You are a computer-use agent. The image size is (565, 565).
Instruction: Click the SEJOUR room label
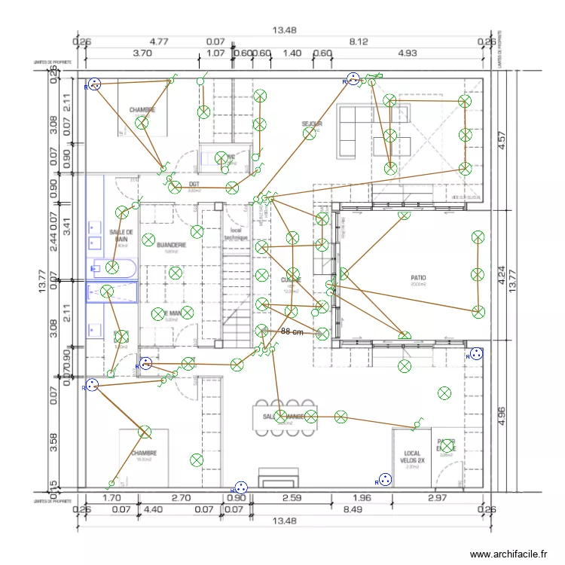point(312,124)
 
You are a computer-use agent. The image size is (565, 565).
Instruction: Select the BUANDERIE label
point(172,246)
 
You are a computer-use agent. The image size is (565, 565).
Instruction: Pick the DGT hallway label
point(194,185)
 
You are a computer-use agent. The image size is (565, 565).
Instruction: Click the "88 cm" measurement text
point(292,331)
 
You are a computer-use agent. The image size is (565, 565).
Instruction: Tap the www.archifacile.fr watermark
point(508,554)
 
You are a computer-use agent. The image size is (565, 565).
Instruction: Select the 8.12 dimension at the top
point(358,41)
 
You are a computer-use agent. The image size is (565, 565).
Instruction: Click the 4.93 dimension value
point(407,53)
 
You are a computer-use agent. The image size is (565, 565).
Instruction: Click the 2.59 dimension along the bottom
point(291,498)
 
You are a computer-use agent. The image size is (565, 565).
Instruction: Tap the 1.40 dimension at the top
point(292,53)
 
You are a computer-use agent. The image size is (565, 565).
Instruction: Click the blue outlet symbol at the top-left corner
point(94,84)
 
